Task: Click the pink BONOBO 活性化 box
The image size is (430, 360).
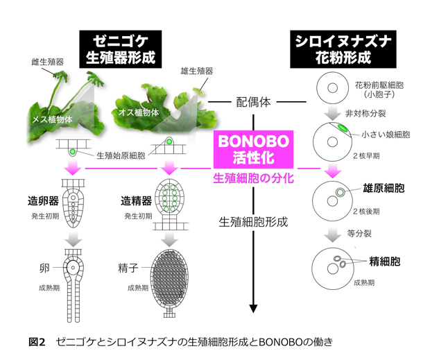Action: [x=253, y=149]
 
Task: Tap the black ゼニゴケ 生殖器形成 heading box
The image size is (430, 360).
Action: [x=121, y=49]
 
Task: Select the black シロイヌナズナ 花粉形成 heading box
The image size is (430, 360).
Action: [x=343, y=49]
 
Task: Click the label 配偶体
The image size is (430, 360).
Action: [x=253, y=102]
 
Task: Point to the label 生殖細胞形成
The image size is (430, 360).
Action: [x=253, y=222]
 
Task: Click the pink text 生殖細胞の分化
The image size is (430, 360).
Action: [x=253, y=178]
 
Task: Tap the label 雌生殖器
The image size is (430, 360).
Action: [x=48, y=62]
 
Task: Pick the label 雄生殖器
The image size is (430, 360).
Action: [x=197, y=71]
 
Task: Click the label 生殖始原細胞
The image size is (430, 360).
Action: [x=121, y=156]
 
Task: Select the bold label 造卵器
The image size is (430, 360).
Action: [x=43, y=201]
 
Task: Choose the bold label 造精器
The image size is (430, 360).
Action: [x=137, y=201]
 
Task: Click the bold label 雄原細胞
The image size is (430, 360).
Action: [x=384, y=188]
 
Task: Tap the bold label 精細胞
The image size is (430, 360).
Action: [x=385, y=262]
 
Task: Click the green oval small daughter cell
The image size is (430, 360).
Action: [x=343, y=128]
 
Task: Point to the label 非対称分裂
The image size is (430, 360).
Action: [x=365, y=113]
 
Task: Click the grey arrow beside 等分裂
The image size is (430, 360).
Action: [x=332, y=234]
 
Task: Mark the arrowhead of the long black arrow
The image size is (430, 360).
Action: [x=253, y=309]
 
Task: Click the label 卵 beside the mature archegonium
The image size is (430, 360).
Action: [x=44, y=268]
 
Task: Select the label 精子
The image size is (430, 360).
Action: [x=128, y=268]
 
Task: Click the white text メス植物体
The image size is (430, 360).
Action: [x=53, y=119]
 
